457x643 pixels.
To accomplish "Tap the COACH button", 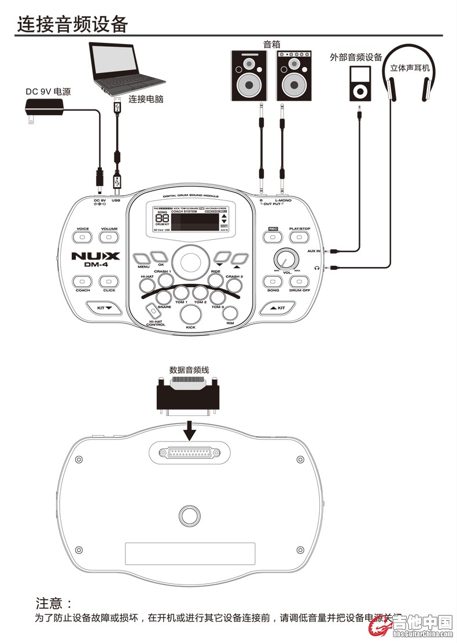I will [82, 282].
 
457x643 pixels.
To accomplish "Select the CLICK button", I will [109, 282].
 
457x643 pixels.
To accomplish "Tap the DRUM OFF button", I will [300, 282].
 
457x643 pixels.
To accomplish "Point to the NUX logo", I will [95, 256].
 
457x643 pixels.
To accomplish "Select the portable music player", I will [359, 82].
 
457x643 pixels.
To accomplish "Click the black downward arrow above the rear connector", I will [189, 431].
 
